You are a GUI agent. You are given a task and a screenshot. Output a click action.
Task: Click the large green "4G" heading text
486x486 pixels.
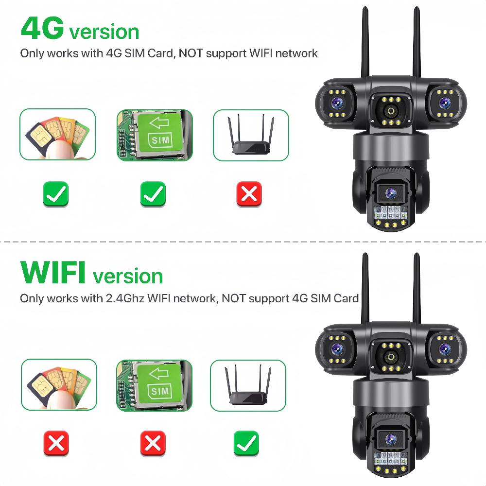tap(42, 29)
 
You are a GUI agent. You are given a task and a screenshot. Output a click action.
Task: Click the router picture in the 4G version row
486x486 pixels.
tap(251, 135)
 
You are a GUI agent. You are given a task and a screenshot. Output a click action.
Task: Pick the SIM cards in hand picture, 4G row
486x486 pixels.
tap(57, 135)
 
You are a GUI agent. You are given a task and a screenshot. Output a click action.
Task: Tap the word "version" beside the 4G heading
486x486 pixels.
tap(104, 32)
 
